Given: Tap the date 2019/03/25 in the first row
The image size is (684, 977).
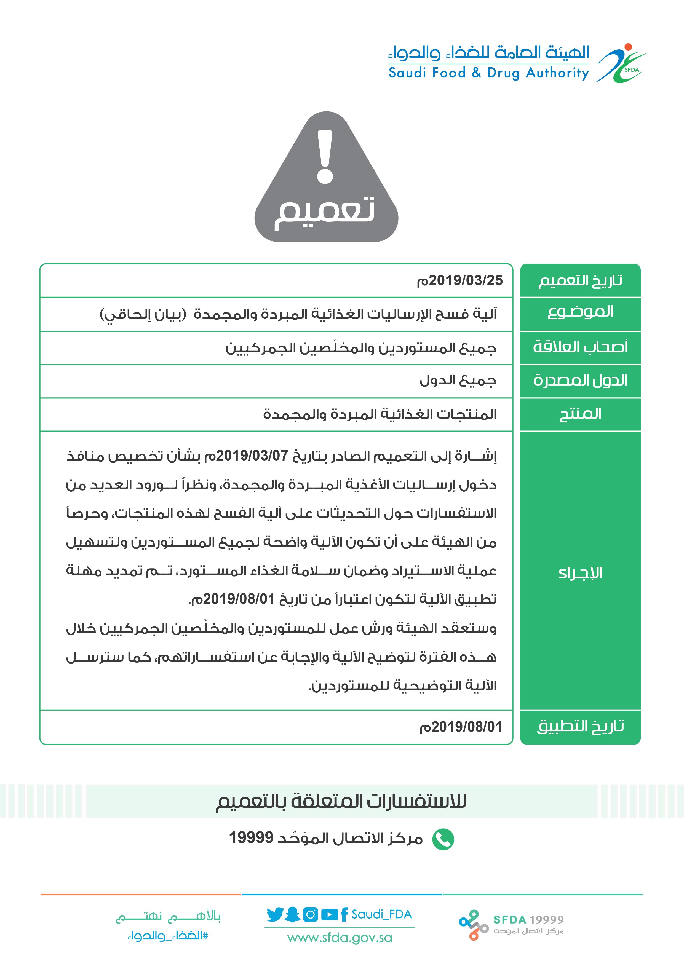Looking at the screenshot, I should (460, 281).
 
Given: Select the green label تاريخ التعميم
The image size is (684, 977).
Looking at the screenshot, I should (580, 281).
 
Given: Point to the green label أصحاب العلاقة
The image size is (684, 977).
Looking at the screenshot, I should (580, 347).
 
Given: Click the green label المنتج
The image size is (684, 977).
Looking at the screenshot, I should (580, 414).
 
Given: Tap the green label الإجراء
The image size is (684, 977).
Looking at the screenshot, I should (580, 573).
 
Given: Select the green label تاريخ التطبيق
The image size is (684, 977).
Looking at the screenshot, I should (580, 726).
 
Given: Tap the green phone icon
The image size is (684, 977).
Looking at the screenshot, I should (443, 839).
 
